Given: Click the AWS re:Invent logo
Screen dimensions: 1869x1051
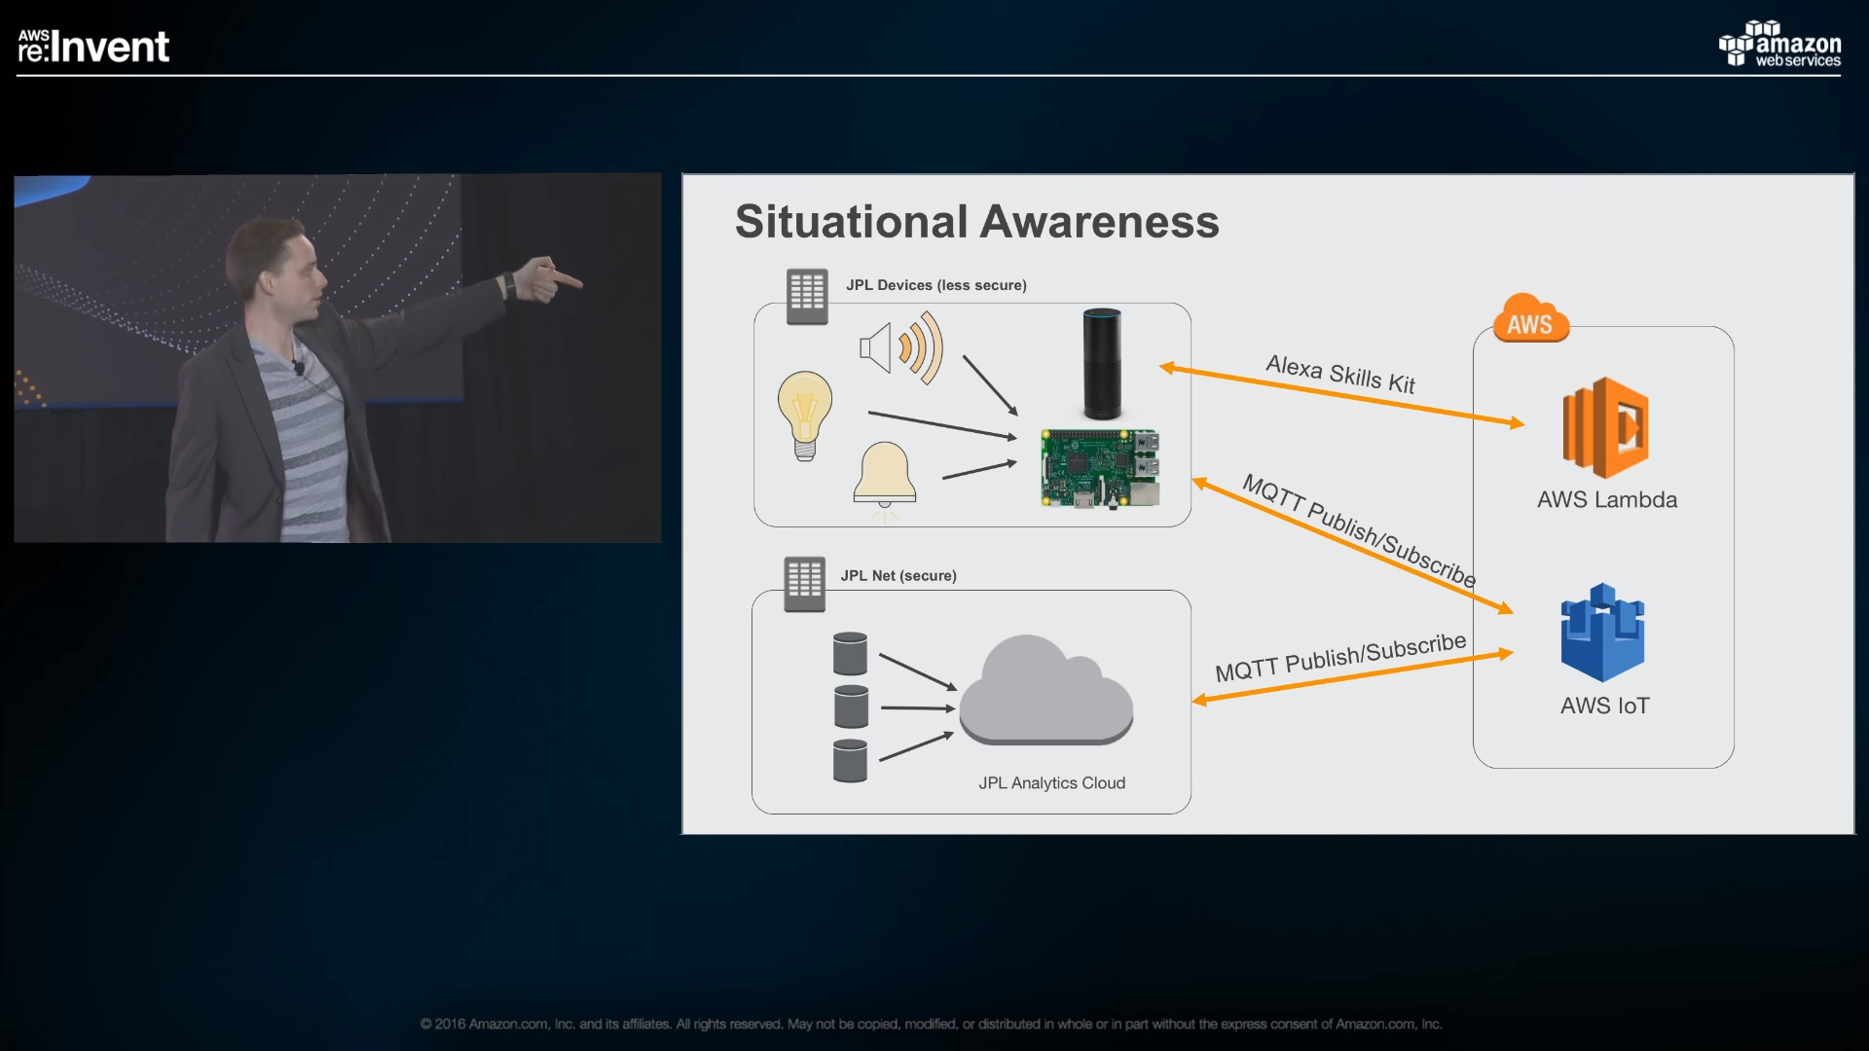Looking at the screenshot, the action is point(93,46).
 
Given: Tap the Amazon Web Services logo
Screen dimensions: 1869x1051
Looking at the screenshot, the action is point(1779,44).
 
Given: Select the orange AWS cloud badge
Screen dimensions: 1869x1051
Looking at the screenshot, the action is point(1530,319).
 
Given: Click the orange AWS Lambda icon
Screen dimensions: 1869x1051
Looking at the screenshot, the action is point(1605,427).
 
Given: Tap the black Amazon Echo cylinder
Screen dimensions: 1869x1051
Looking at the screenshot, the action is point(1102,364).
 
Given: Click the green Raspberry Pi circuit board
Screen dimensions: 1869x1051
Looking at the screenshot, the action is point(1100,468).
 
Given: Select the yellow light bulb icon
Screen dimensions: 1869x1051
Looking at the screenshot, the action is point(805,416).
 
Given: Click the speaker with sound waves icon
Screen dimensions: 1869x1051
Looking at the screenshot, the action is point(901,347).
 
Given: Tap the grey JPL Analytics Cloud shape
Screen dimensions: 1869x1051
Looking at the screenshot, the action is point(1046,690).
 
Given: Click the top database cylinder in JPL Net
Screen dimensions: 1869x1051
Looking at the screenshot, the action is point(850,654).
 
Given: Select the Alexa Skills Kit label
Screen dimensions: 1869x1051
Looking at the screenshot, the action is point(1340,375).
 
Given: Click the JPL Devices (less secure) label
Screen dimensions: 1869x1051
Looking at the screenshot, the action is point(936,285).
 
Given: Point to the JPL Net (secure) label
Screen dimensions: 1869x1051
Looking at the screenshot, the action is point(898,576).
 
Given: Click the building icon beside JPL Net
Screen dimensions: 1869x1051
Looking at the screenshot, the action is point(805,584).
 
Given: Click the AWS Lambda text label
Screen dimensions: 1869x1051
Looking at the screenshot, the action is point(1607,500).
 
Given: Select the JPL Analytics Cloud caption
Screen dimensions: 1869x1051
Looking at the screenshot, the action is point(1052,783).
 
